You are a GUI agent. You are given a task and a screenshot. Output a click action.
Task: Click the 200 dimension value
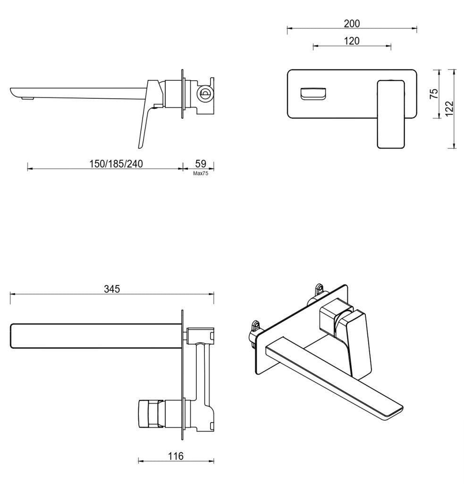click(x=352, y=23)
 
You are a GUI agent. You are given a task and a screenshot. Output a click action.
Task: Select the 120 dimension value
click(x=352, y=41)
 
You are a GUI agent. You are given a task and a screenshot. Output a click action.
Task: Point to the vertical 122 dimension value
click(x=449, y=108)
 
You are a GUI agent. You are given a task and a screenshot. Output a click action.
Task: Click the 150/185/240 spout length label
click(x=116, y=164)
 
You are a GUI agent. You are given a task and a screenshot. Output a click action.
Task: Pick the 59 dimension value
click(x=201, y=164)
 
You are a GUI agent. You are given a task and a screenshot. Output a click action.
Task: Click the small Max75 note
click(x=201, y=173)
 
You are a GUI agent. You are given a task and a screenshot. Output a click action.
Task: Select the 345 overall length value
click(x=112, y=289)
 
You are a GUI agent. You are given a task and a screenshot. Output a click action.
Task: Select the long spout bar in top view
click(x=94, y=336)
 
